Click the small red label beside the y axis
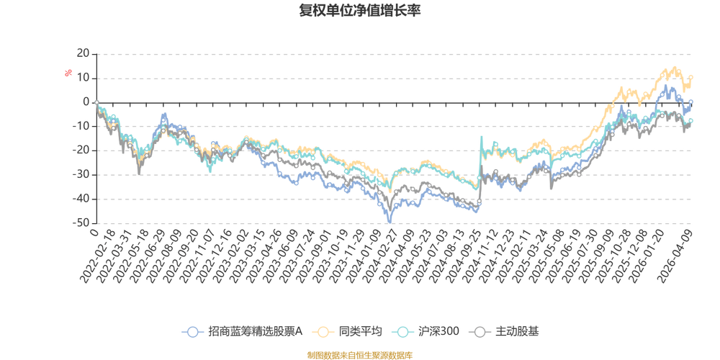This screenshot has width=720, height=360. tap(69, 72)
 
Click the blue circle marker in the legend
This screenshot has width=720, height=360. tap(192, 332)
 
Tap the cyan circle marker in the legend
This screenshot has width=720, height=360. tap(403, 332)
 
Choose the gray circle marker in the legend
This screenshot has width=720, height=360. tap(479, 332)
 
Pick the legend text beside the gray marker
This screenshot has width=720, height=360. tap(513, 332)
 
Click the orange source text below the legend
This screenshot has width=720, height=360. tap(359, 354)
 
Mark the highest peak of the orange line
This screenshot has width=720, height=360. tap(674, 67)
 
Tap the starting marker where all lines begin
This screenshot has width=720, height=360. tap(96, 102)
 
